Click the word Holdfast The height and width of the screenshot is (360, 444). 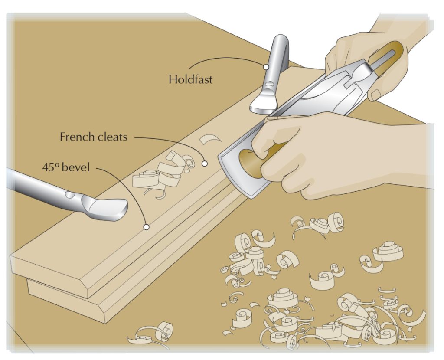coord(190,79)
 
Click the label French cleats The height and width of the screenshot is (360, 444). coord(93,137)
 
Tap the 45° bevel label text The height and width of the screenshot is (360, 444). coord(66,167)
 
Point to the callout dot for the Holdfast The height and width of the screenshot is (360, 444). coord(266,67)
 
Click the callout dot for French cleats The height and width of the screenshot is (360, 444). coord(205,164)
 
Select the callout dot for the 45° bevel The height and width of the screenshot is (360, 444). coord(147,226)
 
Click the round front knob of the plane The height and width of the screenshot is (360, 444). coord(249,163)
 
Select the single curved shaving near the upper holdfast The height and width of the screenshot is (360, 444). coord(210,140)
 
